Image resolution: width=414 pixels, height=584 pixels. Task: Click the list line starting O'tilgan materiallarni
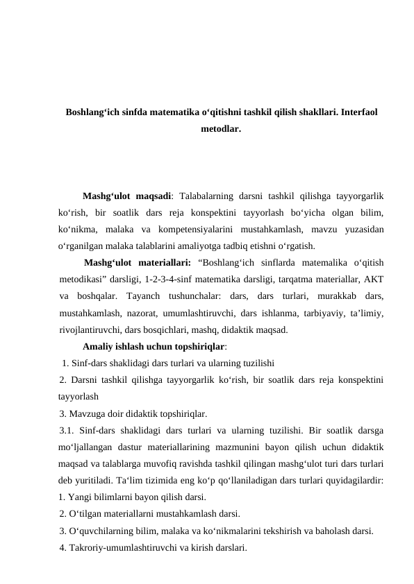(150, 514)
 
